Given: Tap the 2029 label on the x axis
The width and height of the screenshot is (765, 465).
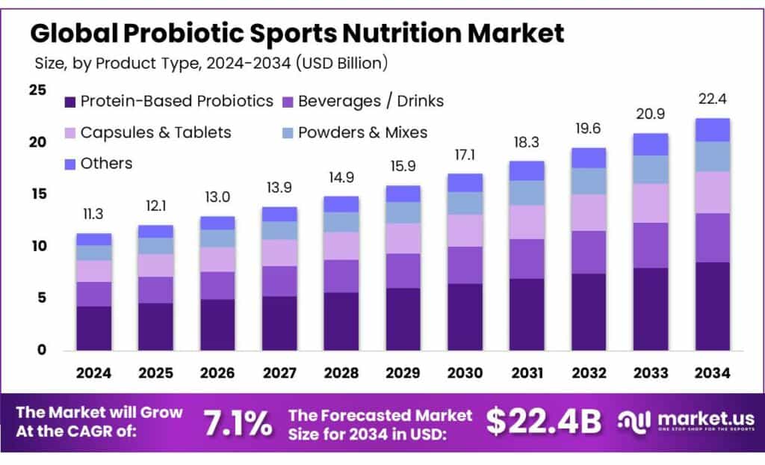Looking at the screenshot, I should pos(403,372).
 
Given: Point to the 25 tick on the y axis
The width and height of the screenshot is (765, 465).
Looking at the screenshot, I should pos(37,90).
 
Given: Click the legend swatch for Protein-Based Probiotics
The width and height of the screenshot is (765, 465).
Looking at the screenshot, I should pos(70,101).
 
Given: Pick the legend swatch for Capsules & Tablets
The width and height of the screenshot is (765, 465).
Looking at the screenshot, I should pos(70,133).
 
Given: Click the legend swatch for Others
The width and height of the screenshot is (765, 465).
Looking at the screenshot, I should pos(70,164).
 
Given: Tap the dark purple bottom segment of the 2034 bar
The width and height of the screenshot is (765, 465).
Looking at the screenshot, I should pos(712,306).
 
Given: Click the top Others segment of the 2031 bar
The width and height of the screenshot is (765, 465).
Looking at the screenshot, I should pos(527,170).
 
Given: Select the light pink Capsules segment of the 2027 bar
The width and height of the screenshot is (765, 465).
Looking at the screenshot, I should pos(279,253).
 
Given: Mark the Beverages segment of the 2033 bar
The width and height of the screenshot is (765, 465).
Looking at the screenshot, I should pos(651,245).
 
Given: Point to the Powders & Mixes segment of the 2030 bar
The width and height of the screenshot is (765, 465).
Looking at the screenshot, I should pos(465,203).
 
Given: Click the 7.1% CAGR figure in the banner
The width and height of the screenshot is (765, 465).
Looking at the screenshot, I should pos(238,423).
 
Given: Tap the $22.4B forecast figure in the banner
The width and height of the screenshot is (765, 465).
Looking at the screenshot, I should pos(544,422).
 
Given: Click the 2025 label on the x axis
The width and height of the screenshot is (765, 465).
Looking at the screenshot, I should pos(156,372).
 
